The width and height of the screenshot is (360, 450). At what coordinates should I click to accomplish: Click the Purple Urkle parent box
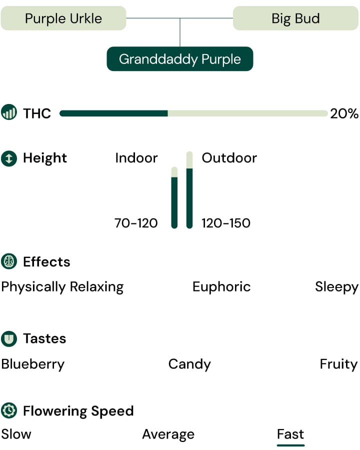click(63, 18)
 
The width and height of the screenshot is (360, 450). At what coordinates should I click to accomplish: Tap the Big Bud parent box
click(295, 18)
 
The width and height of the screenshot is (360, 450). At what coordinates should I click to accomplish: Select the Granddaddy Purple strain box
click(180, 59)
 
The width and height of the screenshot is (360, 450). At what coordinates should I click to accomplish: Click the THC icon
click(9, 113)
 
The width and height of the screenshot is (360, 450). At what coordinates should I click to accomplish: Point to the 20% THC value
click(344, 113)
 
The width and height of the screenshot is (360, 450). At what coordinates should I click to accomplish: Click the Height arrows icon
click(9, 158)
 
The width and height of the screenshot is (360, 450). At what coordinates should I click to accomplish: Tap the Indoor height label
click(136, 158)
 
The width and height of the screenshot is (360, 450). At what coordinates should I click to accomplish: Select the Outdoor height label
click(229, 158)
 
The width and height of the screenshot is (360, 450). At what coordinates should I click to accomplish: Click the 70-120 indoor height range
click(136, 223)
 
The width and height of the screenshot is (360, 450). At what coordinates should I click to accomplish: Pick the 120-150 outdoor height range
click(226, 223)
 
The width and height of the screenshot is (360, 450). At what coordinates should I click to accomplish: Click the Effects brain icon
click(9, 261)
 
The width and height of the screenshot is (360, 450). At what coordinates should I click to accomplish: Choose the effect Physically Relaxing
click(62, 287)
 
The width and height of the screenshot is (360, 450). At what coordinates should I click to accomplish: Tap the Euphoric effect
click(221, 286)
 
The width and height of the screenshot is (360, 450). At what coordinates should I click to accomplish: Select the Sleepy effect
click(336, 287)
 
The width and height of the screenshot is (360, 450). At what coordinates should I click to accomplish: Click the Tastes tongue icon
click(9, 338)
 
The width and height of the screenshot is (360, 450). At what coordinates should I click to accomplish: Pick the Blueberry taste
click(33, 364)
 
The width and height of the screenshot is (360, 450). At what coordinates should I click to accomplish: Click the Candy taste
click(189, 364)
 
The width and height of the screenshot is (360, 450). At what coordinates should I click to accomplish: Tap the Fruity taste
click(338, 364)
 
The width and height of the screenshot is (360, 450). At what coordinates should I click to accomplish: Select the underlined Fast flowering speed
click(290, 433)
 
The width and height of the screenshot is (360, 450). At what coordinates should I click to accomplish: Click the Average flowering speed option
click(168, 434)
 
